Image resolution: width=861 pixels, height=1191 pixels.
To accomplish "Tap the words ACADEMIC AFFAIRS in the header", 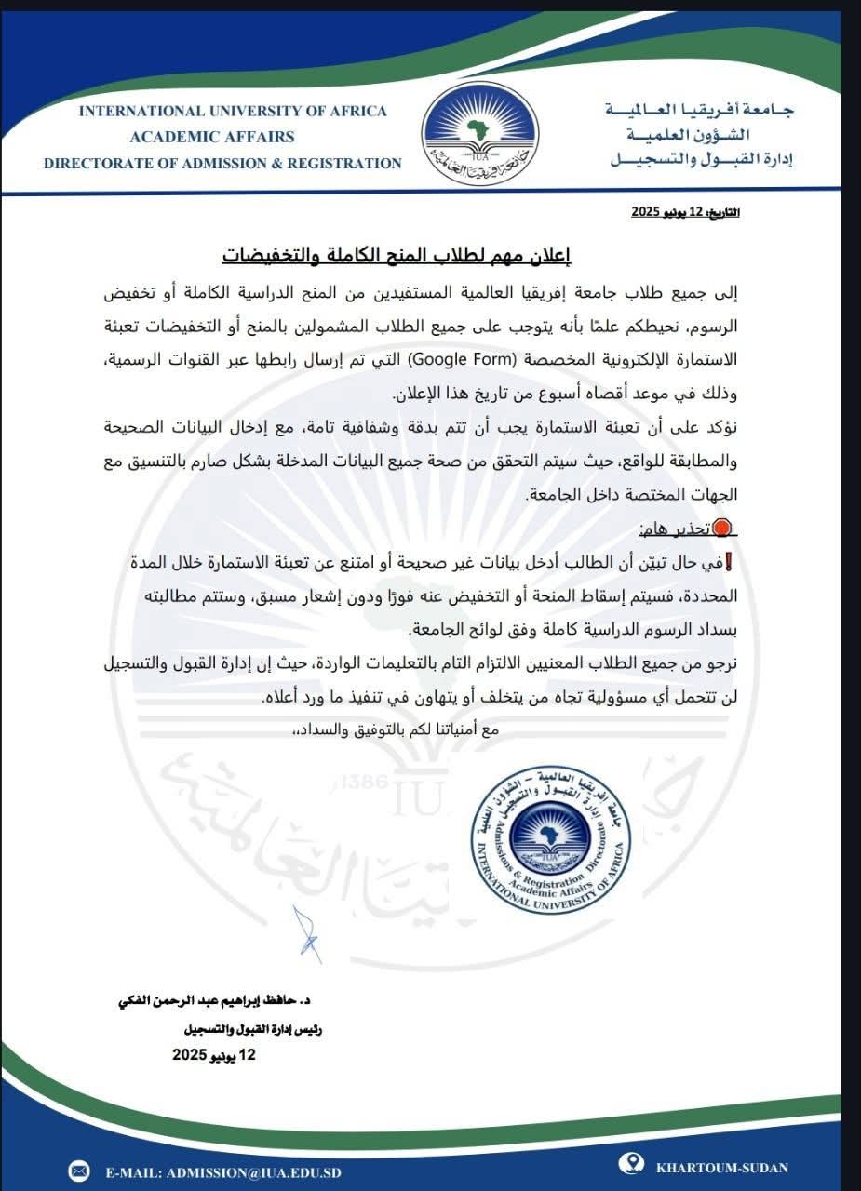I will pos(211,137).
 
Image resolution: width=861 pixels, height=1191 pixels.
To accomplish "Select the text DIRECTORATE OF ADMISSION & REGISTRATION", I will pos(222,163).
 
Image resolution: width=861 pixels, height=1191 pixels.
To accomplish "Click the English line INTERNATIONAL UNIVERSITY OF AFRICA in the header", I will pos(232,111).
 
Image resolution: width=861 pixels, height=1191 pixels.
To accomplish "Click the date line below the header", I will pos(686,213).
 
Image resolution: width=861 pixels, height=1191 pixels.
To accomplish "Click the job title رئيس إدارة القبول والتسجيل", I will pos(252,1030).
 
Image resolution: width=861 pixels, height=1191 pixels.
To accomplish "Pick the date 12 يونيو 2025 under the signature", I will pos(213,1055).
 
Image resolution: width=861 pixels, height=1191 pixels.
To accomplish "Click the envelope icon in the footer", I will pos(79,1171).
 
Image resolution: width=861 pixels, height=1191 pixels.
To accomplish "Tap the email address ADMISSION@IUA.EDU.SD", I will pos(223,1171).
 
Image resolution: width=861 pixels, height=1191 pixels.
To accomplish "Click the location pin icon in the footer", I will pos(635,1164).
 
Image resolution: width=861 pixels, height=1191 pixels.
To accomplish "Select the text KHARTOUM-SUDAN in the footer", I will pos(721,1168).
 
